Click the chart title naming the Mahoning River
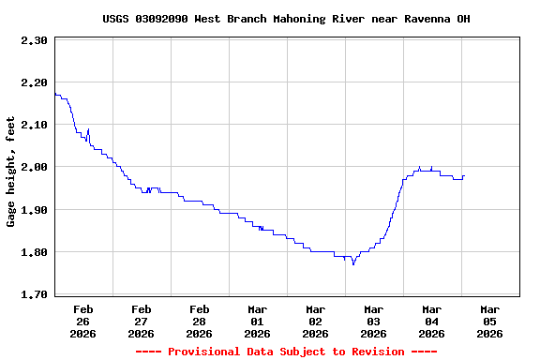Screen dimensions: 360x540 click(x=286, y=19)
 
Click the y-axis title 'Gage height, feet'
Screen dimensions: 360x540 click(x=11, y=172)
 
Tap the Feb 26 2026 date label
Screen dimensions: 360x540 click(x=82, y=321)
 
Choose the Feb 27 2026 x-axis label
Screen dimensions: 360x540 click(x=141, y=321)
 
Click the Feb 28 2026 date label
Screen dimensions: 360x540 click(x=199, y=321)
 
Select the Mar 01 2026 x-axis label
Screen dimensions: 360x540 click(x=257, y=321)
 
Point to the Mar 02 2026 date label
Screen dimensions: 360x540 click(x=315, y=321)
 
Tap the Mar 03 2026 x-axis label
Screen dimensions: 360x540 click(x=373, y=321)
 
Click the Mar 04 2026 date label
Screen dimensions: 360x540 click(x=431, y=321)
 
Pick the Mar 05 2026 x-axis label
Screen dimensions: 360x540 click(x=489, y=321)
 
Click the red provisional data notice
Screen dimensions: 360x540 click(x=286, y=352)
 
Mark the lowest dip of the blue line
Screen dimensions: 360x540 click(x=353, y=264)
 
